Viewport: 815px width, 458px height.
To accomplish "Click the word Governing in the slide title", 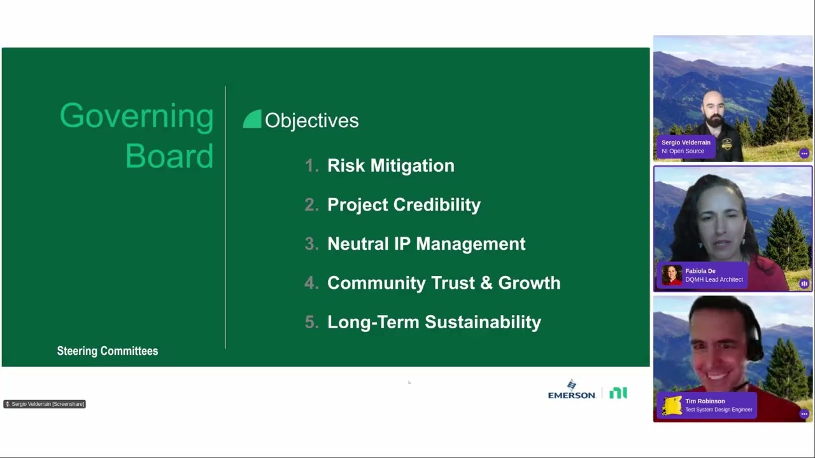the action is pos(137,116).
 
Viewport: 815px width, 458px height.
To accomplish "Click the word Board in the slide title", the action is pos(169,156).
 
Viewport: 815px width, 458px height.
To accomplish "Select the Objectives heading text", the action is pos(312,121).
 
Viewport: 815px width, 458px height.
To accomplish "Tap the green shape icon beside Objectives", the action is pos(252,119).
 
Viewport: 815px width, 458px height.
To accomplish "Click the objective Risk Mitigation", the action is pos(391,166).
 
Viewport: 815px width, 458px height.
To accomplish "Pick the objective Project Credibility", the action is pos(404,205).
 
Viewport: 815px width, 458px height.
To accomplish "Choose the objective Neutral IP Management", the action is pos(427,244).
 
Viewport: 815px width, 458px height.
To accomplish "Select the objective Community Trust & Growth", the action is pos(444,283).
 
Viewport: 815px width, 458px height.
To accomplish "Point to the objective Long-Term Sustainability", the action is pos(434,323).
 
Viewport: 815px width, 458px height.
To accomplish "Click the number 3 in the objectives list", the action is pos(310,244).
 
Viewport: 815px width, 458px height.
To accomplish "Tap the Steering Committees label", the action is pos(108,351).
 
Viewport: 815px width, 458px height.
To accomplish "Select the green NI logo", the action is pos(618,393).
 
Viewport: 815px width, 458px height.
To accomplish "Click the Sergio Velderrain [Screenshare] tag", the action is pos(45,404).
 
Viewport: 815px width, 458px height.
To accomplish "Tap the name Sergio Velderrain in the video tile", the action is pos(686,142).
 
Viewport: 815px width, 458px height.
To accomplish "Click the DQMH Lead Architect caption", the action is pos(714,279).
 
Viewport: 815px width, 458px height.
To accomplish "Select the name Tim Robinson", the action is pos(705,401).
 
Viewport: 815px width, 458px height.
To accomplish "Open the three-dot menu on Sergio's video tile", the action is pos(804,153).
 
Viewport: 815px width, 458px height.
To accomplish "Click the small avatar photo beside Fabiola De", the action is pos(671,275).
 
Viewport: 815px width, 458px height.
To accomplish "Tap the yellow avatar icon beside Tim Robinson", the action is pos(672,405).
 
